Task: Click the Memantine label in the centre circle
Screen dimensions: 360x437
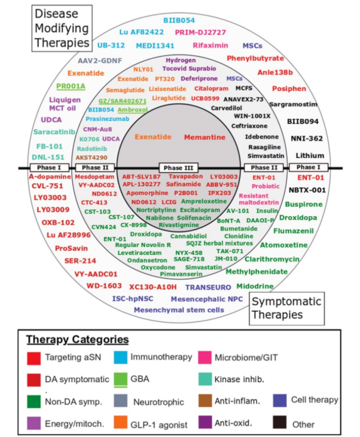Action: pos(205,137)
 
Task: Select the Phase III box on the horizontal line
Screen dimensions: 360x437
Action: pos(179,168)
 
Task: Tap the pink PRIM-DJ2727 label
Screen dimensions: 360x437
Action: pos(200,32)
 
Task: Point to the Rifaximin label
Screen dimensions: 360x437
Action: pos(210,45)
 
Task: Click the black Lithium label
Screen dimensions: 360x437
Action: pos(310,155)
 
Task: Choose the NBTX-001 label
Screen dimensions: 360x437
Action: pos(307,190)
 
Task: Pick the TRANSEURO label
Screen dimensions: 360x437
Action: pos(208,287)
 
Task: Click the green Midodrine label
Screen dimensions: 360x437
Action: pos(255,286)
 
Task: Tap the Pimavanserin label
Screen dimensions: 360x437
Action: pos(181,274)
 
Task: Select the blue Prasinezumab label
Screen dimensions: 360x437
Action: pos(107,119)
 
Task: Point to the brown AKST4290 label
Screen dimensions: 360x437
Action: pos(92,157)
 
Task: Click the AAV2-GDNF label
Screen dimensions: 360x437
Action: pos(100,60)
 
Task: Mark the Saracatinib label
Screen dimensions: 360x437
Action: pos(54,132)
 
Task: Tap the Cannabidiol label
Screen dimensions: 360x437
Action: pos(188,236)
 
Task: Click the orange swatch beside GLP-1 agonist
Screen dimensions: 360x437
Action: pos(120,422)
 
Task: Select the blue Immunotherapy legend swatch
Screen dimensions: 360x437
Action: pos(120,357)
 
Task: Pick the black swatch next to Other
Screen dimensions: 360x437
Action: pos(280,422)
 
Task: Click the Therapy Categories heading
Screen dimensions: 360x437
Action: pos(78,339)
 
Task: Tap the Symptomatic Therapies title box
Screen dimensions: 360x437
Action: pos(286,309)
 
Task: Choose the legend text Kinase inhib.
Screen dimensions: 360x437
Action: pos(239,379)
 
